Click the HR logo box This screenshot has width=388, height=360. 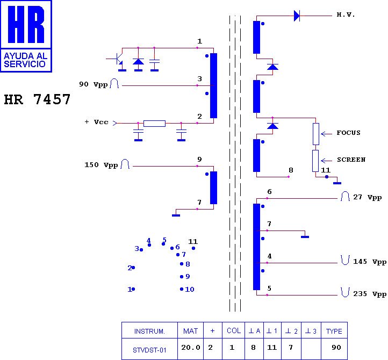coord(26,35)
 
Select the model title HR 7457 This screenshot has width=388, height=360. coord(37,100)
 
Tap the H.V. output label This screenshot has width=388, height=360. coord(346,15)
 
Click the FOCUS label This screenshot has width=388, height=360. coord(348,133)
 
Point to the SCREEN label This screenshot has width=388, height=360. coord(351,160)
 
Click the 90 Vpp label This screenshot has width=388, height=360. coord(93,84)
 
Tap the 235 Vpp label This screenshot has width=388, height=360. coord(369,294)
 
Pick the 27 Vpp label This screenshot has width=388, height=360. coord(367,197)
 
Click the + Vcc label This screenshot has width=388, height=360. coord(96,122)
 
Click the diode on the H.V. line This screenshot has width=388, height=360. coord(297,16)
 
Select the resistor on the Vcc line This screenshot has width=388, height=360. coord(154,124)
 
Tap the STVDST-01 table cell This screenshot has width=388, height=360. coord(149,349)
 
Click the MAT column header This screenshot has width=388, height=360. coord(190,330)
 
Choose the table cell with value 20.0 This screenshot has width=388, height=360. coord(190,348)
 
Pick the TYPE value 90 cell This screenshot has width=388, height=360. coord(336,348)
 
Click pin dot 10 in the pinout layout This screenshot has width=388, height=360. coord(182,289)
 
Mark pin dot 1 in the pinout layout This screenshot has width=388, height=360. coord(133,289)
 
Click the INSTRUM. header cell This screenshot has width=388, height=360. coord(149,330)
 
